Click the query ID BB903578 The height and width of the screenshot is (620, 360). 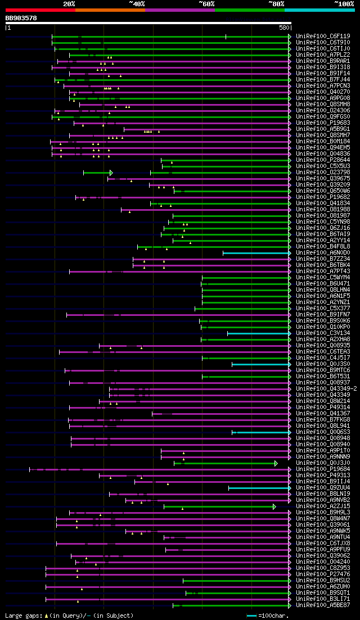pos(21,18)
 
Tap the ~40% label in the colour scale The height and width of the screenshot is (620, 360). pos(137,3)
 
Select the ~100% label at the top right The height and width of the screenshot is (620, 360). pos(344,3)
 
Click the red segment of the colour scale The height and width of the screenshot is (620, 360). pos(40,10)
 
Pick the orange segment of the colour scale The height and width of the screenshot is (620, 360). pos(110,10)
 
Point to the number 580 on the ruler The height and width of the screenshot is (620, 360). pos(284,28)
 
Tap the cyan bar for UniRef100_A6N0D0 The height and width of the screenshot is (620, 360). pos(256,253)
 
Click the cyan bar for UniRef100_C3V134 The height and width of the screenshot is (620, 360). pos(258,333)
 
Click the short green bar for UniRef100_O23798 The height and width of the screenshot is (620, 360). pos(97,173)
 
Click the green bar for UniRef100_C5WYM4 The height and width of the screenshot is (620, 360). pos(245,278)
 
